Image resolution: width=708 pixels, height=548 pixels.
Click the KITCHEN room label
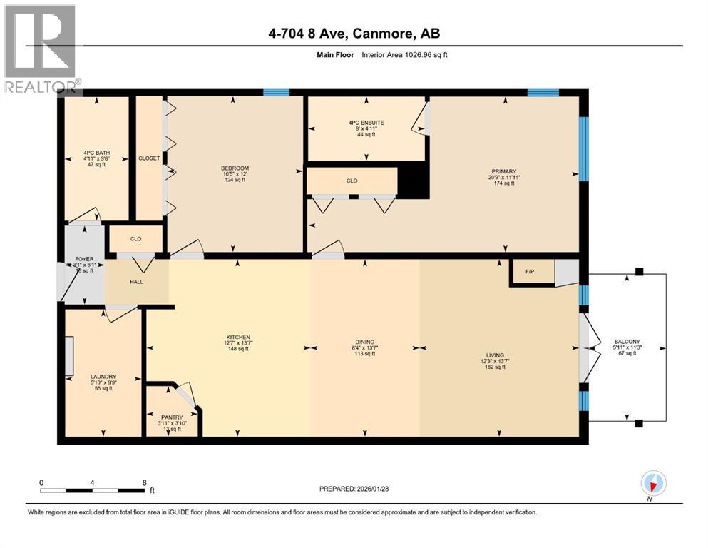pos(239,337)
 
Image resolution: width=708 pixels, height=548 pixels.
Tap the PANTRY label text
pos(171,417)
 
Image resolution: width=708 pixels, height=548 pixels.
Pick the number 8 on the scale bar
pos(145,482)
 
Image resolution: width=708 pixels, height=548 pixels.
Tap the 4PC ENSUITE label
pos(366,123)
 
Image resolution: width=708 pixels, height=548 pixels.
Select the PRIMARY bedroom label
pos(504,171)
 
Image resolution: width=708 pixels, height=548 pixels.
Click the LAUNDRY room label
pos(103,377)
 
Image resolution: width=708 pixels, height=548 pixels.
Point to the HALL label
pos(136,282)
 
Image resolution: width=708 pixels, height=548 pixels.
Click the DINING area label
pos(365,342)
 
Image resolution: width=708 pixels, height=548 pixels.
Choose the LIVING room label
pos(495,355)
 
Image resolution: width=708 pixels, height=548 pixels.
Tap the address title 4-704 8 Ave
pos(354,34)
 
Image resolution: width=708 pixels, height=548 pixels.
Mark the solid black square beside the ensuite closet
pos(414,181)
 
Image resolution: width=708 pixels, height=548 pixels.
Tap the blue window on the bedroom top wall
pos(276,92)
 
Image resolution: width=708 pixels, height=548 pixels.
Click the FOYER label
pos(74,259)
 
